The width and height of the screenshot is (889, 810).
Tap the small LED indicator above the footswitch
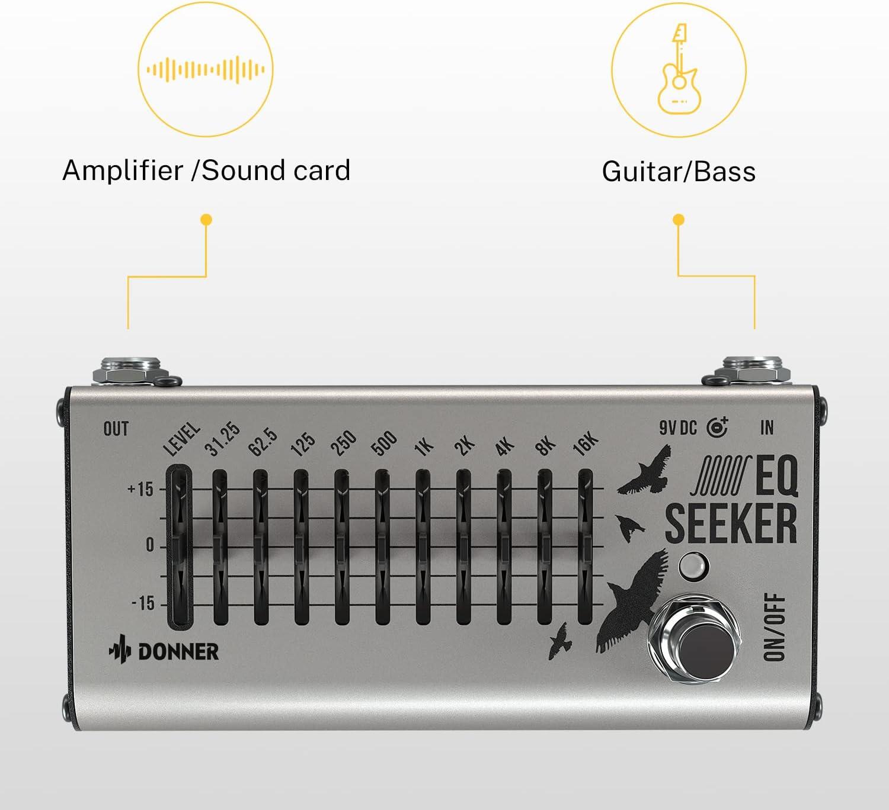[x=693, y=567]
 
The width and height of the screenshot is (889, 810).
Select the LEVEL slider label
[x=182, y=440]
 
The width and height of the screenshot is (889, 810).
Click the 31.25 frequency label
[x=222, y=440]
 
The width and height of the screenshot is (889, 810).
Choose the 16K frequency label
[x=586, y=444]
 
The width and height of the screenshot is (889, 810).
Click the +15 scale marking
[x=140, y=490]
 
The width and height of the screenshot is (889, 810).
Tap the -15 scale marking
[x=142, y=603]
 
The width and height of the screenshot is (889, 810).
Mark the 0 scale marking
[x=149, y=545]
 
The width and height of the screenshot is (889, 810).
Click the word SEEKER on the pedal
[x=731, y=523]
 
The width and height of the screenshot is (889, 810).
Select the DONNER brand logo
[x=164, y=651]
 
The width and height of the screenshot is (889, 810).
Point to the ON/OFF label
[x=775, y=627]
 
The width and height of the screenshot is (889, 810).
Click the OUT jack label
[x=116, y=429]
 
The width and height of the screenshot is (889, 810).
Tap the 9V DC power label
[x=678, y=427]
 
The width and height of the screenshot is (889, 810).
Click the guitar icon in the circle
[x=679, y=69]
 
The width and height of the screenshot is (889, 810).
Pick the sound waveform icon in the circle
[x=206, y=70]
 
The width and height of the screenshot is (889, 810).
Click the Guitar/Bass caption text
[x=679, y=172]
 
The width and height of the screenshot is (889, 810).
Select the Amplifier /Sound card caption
[x=206, y=171]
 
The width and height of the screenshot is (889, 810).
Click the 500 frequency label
[x=383, y=444]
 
